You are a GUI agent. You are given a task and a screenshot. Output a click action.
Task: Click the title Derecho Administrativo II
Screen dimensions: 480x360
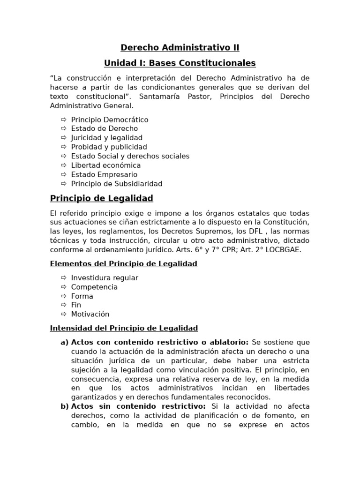pyautogui.click(x=180, y=48)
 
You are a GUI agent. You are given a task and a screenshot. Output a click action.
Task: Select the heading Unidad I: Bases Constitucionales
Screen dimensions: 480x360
pyautogui.click(x=180, y=63)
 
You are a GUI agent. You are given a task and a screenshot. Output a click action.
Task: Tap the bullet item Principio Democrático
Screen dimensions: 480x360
pyautogui.click(x=110, y=120)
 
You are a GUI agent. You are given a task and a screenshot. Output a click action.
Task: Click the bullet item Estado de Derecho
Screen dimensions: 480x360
pyautogui.click(x=105, y=128)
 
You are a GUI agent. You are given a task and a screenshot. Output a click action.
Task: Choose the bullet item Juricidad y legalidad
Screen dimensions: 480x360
pyautogui.click(x=107, y=138)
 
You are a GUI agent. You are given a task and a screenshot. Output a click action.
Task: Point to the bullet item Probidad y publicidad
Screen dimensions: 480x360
pyautogui.click(x=109, y=147)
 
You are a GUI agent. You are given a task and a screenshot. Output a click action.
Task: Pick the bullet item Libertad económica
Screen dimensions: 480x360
pyautogui.click(x=106, y=165)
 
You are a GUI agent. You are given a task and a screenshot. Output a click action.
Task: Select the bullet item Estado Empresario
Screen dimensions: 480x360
pyautogui.click(x=105, y=174)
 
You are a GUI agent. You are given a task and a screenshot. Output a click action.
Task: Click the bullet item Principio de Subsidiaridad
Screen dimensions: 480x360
pyautogui.click(x=117, y=184)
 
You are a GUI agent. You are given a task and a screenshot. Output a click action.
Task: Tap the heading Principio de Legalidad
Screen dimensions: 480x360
pyautogui.click(x=102, y=199)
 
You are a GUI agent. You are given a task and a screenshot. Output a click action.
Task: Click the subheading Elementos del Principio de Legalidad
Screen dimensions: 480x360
pyautogui.click(x=124, y=264)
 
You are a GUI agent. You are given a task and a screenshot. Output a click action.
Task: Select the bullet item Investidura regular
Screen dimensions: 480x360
pyautogui.click(x=105, y=277)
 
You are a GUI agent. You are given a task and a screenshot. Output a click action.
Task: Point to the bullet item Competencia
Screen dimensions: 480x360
pyautogui.click(x=94, y=287)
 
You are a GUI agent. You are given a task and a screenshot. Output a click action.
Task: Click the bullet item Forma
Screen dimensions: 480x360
pyautogui.click(x=82, y=296)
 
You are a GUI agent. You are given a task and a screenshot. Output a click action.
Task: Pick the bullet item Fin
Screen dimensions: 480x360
pyautogui.click(x=76, y=305)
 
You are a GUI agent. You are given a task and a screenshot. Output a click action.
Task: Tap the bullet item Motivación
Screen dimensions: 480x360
pyautogui.click(x=90, y=314)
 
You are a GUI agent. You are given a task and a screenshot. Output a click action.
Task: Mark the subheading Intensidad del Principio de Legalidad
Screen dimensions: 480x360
pyautogui.click(x=124, y=328)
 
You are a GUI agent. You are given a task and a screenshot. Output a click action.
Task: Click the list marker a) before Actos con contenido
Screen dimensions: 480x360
pyautogui.click(x=65, y=342)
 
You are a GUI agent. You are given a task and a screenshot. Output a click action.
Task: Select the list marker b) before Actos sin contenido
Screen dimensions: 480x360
pyautogui.click(x=65, y=406)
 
